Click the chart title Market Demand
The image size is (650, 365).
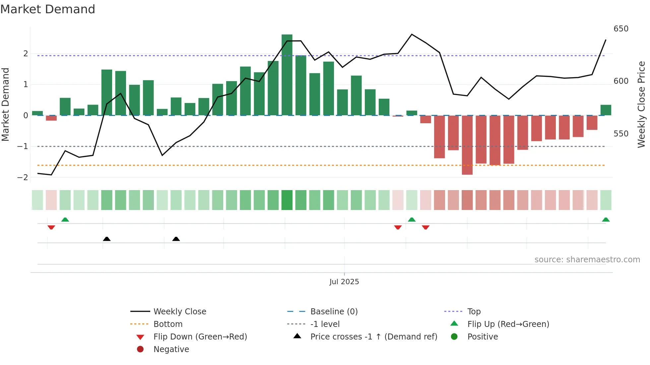pos(48,9)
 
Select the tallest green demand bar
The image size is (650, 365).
pos(287,75)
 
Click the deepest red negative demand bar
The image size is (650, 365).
pos(467,145)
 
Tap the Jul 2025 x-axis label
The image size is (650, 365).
pos(344,282)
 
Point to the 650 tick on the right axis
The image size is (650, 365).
pos(621,29)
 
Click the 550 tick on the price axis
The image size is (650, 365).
pos(621,134)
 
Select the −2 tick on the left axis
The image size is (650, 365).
pos(23,178)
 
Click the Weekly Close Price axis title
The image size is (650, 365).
pos(641,104)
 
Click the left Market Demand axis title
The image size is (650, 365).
pos(5,104)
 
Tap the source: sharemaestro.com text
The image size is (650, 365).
pos(587,260)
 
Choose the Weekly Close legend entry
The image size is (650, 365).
pos(179,312)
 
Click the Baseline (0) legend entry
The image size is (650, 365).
pos(334,312)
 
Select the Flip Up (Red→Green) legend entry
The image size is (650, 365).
pos(508,324)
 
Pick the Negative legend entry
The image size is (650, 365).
pos(171,349)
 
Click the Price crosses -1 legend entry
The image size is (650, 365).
pos(373,337)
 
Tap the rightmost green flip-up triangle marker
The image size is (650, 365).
pos(606,220)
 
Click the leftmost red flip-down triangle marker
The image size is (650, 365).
pos(51,227)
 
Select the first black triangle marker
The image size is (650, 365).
pos(106,239)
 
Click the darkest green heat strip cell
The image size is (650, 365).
pos(287,200)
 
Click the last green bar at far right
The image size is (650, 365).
pos(606,110)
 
